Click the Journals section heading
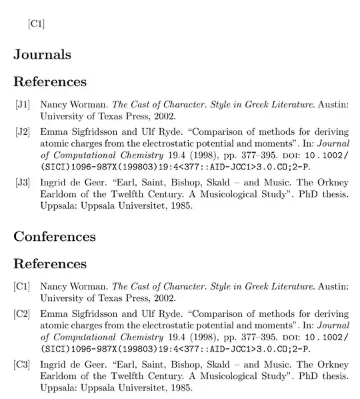(42, 55)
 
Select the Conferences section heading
(55, 236)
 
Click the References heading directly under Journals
(50, 82)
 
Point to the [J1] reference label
(23, 105)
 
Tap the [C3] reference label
(23, 364)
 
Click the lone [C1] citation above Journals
(36, 24)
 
